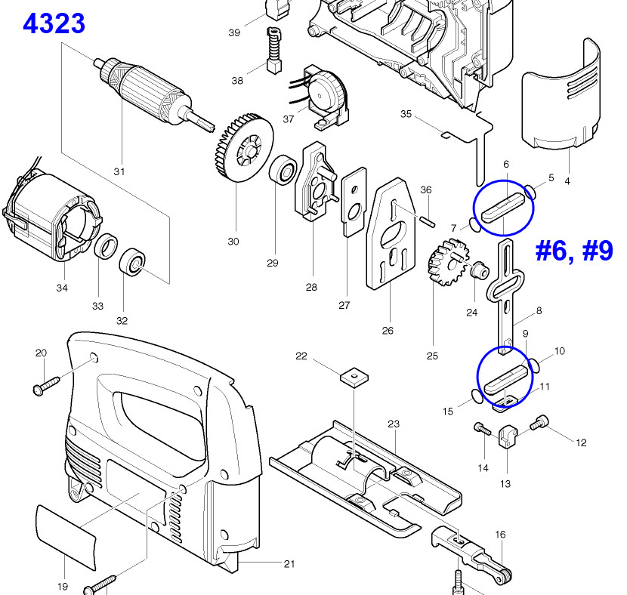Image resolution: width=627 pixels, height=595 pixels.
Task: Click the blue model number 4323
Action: coord(54,23)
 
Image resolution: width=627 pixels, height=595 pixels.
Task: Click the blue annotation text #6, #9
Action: coord(574,251)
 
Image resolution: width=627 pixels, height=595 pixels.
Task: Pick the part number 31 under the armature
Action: coord(119,171)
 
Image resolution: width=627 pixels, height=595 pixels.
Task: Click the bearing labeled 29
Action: coord(285,169)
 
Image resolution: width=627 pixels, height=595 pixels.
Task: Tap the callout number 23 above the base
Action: coord(394,424)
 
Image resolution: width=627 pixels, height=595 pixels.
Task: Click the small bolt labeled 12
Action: coord(542,425)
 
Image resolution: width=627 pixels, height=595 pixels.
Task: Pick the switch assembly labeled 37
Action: coord(325,94)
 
